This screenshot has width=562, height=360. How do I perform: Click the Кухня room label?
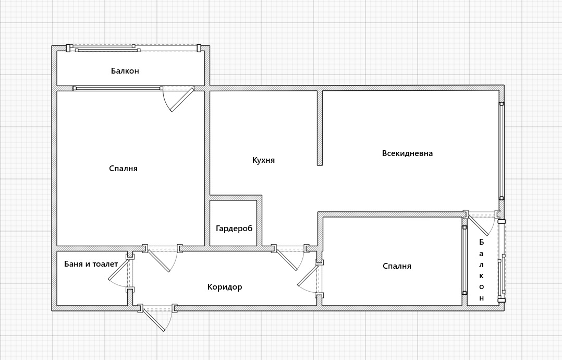pyautogui.click(x=263, y=160)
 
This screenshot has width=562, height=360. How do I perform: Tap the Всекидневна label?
pyautogui.click(x=407, y=153)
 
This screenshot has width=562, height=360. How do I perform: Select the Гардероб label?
pyautogui.click(x=234, y=229)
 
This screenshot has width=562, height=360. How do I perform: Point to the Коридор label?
pyautogui.click(x=225, y=287)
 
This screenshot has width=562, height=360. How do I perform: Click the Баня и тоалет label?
pyautogui.click(x=91, y=264)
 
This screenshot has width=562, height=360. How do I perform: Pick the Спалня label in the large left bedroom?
pyautogui.click(x=123, y=169)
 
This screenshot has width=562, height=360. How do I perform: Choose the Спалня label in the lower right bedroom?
pyautogui.click(x=397, y=266)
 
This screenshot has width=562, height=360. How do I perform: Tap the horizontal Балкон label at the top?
pyautogui.click(x=125, y=70)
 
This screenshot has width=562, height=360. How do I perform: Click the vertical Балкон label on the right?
pyautogui.click(x=481, y=270)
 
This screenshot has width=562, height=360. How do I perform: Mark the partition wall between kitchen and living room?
pyautogui.click(x=320, y=128)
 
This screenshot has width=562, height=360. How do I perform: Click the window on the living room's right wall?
pyautogui.click(x=502, y=151)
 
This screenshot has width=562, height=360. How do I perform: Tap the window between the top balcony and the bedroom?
pyautogui.click(x=118, y=88)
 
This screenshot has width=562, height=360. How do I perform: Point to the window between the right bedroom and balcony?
pyautogui.click(x=465, y=260)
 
